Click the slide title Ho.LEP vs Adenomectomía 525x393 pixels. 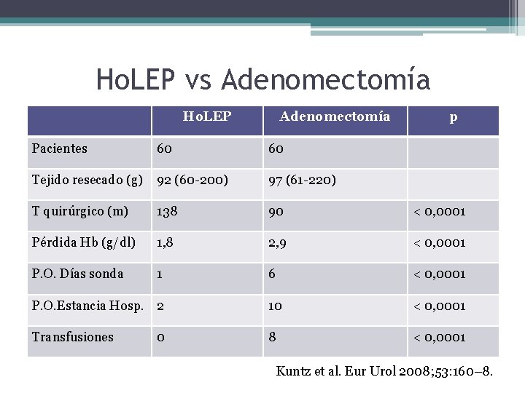click(x=263, y=79)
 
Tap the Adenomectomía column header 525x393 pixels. click(x=335, y=116)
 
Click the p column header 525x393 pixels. click(x=454, y=116)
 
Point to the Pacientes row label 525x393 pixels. click(x=60, y=148)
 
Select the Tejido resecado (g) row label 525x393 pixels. click(x=87, y=180)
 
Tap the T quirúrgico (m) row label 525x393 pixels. click(x=80, y=211)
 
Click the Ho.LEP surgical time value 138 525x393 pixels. click(x=168, y=211)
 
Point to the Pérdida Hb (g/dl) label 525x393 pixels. click(x=84, y=242)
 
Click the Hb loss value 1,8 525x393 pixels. click(x=166, y=242)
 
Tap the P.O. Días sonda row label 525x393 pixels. click(x=78, y=274)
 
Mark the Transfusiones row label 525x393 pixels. click(x=73, y=336)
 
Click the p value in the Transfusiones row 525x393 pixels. click(x=440, y=336)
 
